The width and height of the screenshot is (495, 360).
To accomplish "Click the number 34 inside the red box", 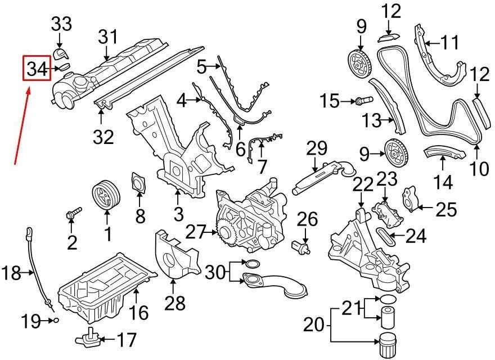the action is (37, 69).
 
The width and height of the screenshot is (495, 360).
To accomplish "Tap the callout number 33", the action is (61, 24).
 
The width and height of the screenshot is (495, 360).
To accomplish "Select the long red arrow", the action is (22, 127).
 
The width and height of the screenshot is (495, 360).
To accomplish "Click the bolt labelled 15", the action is (364, 101).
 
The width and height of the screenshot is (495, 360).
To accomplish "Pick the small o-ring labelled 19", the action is (56, 321).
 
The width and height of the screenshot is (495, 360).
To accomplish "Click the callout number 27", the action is (195, 233).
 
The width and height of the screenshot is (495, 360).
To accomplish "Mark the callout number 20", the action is (314, 325).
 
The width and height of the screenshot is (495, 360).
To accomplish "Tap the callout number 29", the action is (317, 148).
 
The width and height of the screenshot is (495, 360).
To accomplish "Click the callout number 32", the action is (103, 137).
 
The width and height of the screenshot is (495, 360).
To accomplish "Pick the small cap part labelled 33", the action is (60, 54).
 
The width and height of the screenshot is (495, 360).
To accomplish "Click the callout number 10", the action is (479, 169).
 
